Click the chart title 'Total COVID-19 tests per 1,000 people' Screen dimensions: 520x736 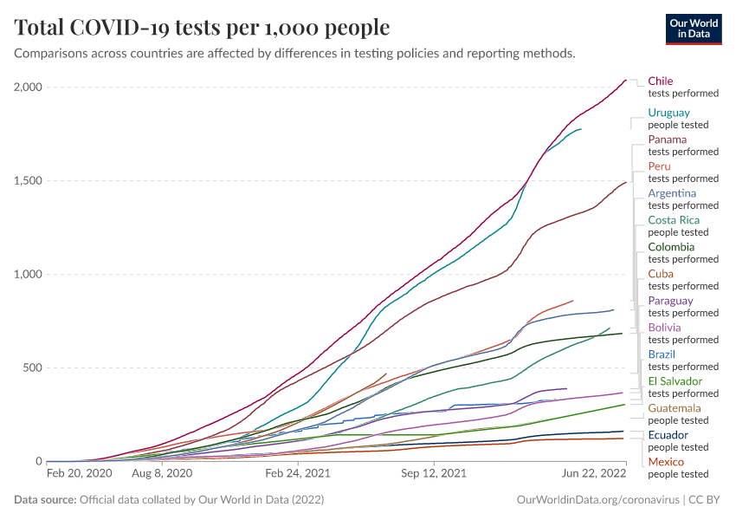(x=202, y=28)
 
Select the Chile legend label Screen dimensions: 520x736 (x=661, y=81)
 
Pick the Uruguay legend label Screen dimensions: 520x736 (x=669, y=113)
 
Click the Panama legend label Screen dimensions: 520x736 (x=668, y=140)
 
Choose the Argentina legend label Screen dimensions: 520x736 (x=672, y=193)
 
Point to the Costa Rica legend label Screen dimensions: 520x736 (x=674, y=220)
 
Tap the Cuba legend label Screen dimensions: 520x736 (x=661, y=274)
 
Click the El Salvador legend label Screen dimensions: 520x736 (x=675, y=381)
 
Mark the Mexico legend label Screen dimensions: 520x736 (x=666, y=462)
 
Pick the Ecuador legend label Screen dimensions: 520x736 (x=668, y=435)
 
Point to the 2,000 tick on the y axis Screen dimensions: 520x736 (x=29, y=88)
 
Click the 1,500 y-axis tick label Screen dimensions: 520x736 (x=29, y=181)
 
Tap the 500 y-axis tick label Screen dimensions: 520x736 (x=33, y=368)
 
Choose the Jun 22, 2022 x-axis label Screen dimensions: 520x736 (x=593, y=474)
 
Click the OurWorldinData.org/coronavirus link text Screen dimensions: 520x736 (x=597, y=500)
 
